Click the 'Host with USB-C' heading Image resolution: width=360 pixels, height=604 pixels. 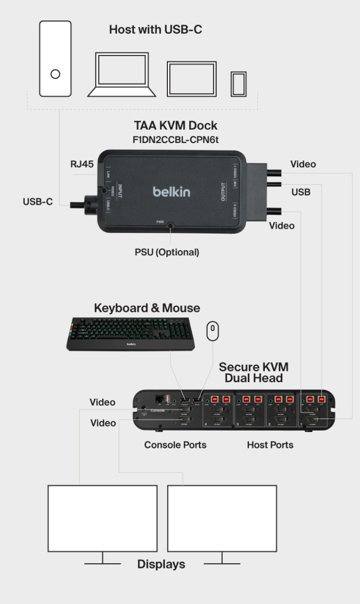(156, 30)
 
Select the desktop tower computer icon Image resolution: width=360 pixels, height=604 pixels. (55, 59)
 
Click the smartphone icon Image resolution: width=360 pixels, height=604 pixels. (239, 84)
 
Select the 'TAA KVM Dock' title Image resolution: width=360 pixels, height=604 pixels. (176, 126)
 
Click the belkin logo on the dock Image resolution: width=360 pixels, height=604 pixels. (172, 192)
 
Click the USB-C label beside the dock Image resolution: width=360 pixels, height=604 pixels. (37, 202)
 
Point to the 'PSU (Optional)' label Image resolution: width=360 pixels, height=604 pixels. (167, 252)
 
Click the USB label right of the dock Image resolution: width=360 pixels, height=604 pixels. (300, 192)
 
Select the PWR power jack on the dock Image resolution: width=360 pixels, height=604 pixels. (170, 226)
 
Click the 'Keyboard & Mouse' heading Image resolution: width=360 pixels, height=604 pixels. (147, 308)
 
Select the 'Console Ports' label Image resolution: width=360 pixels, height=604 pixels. (175, 445)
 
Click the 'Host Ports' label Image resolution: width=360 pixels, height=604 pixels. (270, 445)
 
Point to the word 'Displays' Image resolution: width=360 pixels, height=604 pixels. (161, 564)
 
